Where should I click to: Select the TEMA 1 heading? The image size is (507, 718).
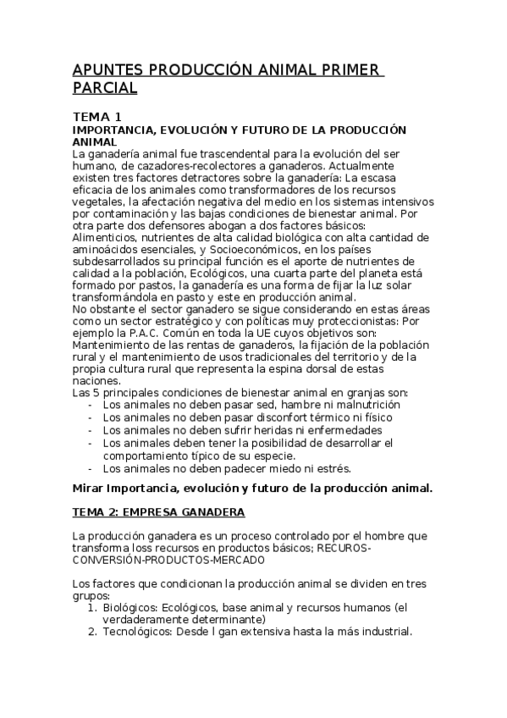(x=96, y=116)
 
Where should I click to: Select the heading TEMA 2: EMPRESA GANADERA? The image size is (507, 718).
(x=158, y=512)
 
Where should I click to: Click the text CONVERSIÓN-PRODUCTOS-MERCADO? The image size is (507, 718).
(x=169, y=560)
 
